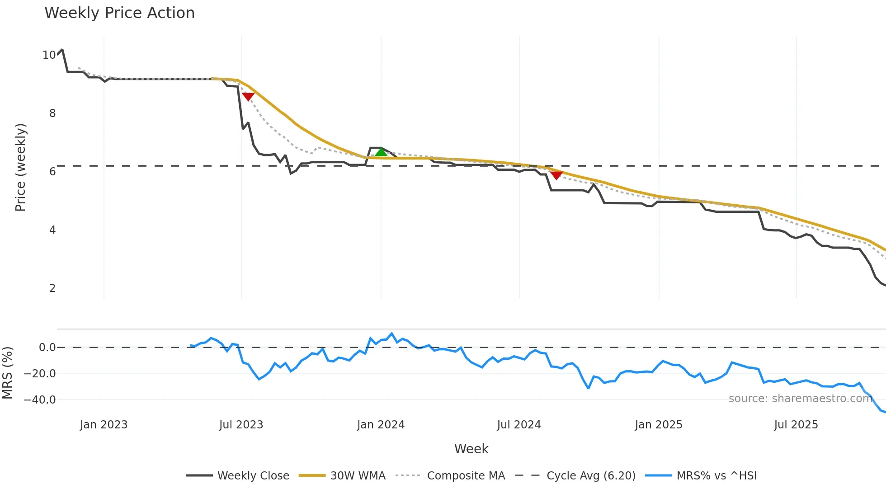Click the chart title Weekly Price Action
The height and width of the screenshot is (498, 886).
click(119, 13)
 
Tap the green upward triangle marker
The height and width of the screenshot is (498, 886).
click(381, 152)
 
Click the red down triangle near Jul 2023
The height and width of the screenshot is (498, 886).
click(248, 96)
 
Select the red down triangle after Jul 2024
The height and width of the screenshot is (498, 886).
click(556, 175)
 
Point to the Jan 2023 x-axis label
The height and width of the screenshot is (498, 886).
click(104, 425)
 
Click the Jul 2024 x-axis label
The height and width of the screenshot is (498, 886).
click(518, 425)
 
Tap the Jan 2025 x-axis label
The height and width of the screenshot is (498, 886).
click(658, 425)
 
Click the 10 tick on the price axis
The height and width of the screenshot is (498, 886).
click(49, 55)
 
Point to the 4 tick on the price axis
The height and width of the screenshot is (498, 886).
click(52, 230)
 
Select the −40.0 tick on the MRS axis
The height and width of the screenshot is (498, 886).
click(40, 400)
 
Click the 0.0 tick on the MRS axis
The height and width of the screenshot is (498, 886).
click(47, 348)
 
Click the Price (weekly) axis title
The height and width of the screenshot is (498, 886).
click(20, 167)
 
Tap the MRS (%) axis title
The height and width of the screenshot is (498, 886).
click(7, 373)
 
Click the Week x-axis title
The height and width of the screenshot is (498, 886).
click(471, 449)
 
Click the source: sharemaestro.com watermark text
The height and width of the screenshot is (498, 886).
click(800, 399)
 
